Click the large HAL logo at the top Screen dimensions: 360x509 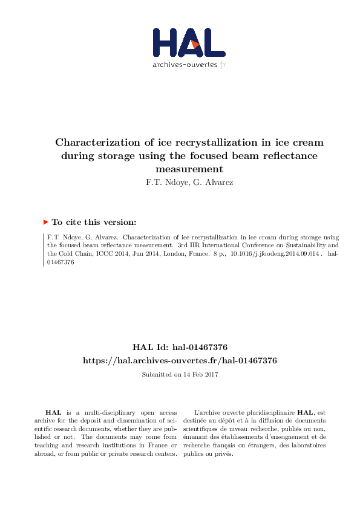coord(189,42)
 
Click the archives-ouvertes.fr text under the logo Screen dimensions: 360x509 coord(189,64)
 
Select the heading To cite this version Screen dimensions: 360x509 coord(94,222)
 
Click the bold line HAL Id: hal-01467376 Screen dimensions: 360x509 coord(180,347)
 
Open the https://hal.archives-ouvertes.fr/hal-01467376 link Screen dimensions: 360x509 coord(180,360)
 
